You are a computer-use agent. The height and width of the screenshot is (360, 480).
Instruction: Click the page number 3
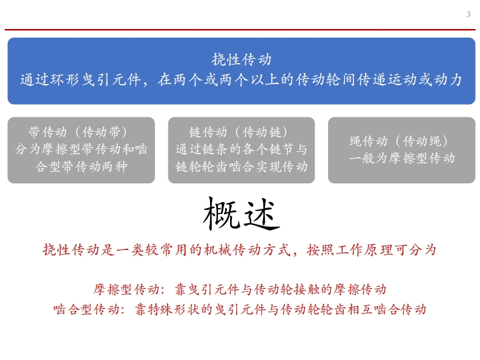click(468, 15)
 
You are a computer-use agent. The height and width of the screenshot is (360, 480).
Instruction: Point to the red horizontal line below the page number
click(240, 30)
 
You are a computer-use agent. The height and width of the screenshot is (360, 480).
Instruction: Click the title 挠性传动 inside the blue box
click(242, 59)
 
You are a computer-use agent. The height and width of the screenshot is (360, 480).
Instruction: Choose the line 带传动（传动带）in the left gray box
click(78, 133)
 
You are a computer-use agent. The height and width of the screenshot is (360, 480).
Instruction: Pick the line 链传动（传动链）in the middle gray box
click(238, 133)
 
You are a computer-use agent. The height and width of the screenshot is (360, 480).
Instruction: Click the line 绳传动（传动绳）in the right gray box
click(398, 141)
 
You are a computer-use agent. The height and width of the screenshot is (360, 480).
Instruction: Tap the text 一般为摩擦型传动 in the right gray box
click(402, 159)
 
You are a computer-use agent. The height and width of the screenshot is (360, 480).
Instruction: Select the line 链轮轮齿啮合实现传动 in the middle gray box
click(242, 167)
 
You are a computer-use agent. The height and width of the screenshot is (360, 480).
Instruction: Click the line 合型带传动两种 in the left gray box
click(81, 167)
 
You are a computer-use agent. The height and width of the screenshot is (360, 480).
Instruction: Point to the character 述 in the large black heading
click(261, 214)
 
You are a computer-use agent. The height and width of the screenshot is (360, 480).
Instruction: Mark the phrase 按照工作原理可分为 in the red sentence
click(371, 250)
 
